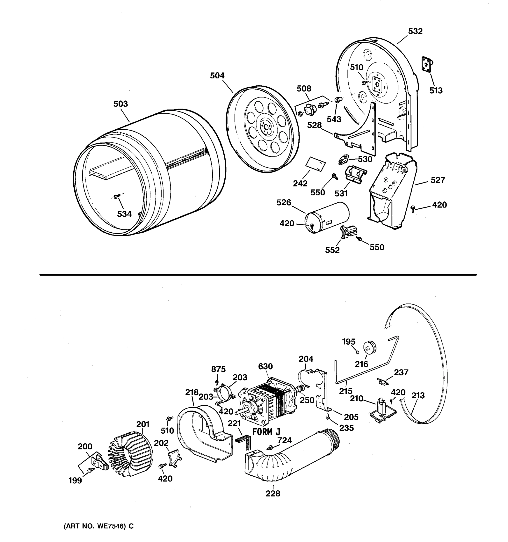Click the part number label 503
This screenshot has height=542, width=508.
point(121,104)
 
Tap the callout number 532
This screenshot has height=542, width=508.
point(415,31)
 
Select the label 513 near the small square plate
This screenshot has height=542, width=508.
point(436,91)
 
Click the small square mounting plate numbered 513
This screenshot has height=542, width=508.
point(426,65)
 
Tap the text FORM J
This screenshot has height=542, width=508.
point(266,432)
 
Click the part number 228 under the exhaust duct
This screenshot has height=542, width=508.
point(273,493)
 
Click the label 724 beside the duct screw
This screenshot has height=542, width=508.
point(284,440)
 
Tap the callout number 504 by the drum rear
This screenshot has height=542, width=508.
point(217,75)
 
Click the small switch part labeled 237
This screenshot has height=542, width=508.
point(383,382)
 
